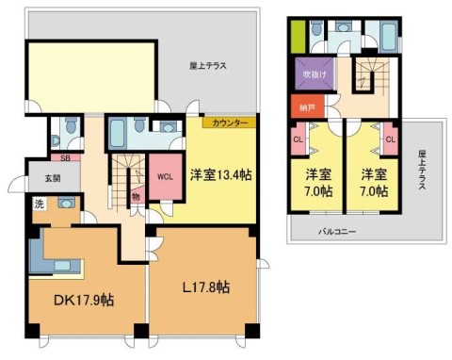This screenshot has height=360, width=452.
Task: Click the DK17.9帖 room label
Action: [83, 301]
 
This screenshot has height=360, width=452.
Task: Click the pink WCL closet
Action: [164, 177]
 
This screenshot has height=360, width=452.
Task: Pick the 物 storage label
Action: [137, 197]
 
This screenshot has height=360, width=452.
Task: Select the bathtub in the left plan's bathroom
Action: [121, 129]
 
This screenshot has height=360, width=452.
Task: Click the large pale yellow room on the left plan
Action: [90, 68]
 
